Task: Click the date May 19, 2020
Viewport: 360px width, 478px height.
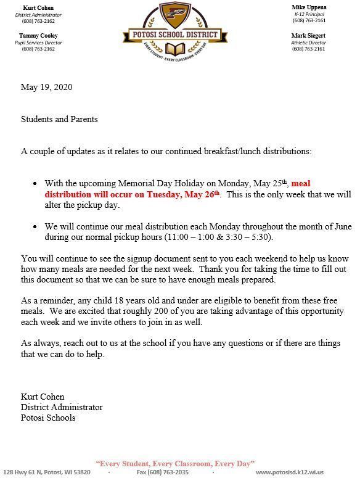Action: point(46,87)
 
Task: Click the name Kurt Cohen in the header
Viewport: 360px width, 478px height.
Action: point(38,7)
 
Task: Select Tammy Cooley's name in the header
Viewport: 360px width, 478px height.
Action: point(38,36)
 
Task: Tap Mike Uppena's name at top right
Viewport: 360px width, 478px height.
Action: point(309,7)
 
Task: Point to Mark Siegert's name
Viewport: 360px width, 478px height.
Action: point(309,36)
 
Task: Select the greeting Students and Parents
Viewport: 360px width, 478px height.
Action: point(59,119)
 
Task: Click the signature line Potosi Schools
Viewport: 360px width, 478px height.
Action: point(48,418)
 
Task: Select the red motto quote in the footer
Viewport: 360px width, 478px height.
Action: point(176,463)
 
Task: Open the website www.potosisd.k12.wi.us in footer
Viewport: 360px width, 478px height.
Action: point(298,472)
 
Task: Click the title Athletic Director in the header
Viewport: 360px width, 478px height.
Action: point(309,43)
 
